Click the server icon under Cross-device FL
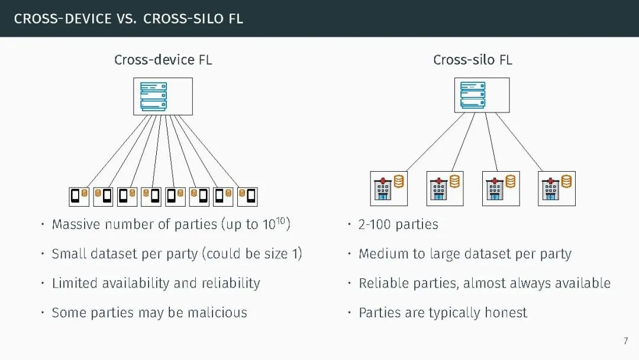click(153, 96)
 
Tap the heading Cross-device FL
click(163, 60)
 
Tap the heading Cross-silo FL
click(473, 60)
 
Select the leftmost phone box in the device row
click(79, 196)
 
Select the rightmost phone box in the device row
click(247, 196)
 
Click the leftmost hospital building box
click(389, 188)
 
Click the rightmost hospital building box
click(556, 188)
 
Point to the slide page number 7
click(626, 341)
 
